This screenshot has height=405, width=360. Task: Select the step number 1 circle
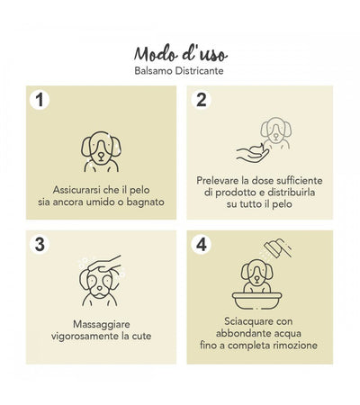(40, 100)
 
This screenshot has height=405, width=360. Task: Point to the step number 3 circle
(40, 244)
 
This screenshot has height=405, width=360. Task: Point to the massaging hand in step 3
(106, 265)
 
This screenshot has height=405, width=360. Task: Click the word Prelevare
(221, 181)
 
